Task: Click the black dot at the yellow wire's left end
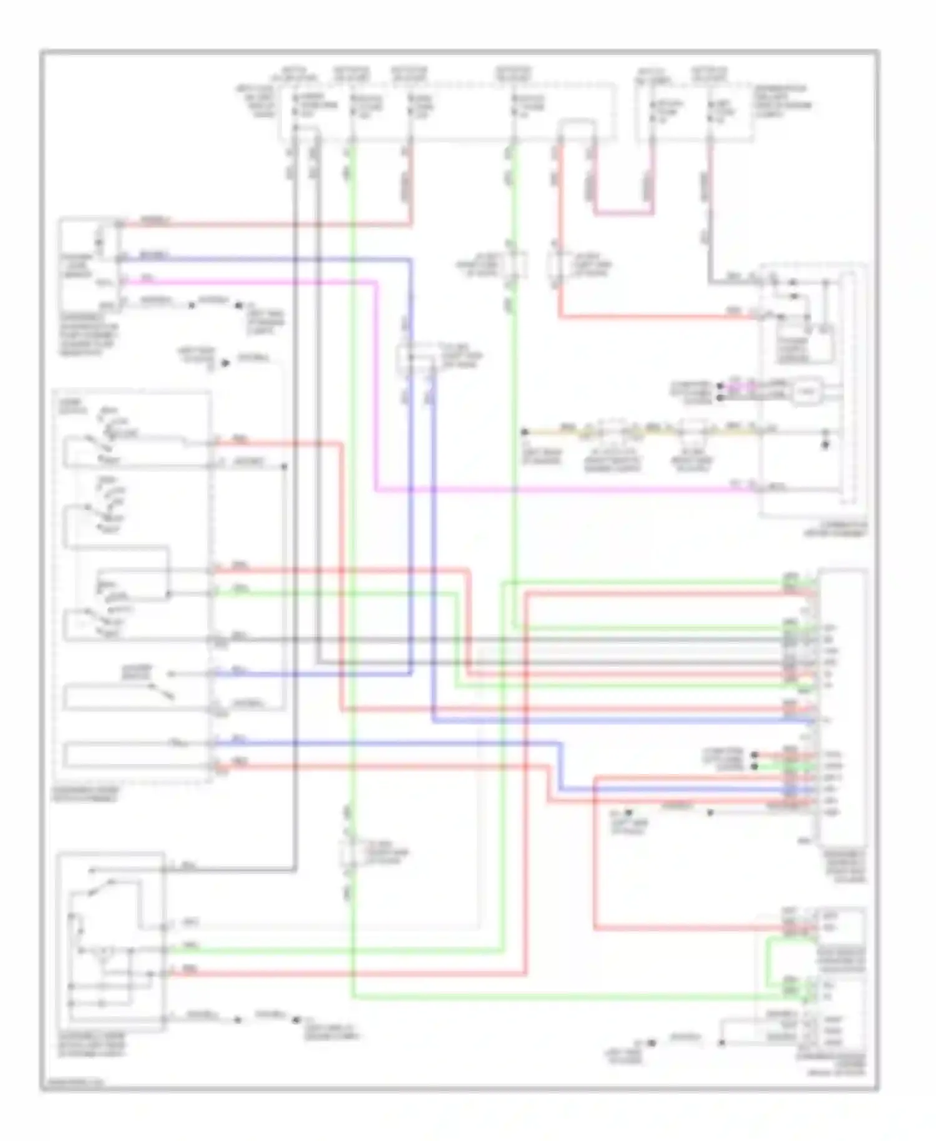point(524,431)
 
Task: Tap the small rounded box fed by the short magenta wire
point(807,392)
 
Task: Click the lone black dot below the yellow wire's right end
point(825,446)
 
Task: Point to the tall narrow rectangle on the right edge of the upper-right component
point(846,387)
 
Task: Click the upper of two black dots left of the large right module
point(754,754)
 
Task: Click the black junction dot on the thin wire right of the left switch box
point(284,466)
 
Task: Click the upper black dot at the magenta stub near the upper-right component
point(719,386)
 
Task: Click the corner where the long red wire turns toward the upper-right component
point(560,317)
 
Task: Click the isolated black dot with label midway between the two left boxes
point(225,362)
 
